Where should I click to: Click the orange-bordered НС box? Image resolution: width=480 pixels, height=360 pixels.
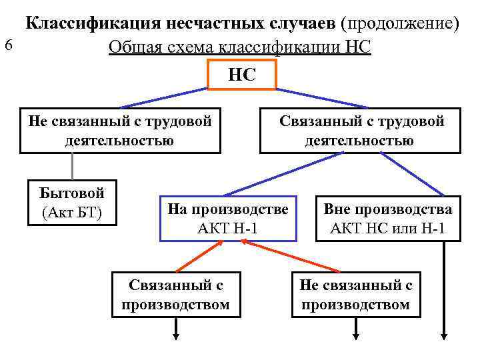pyautogui.click(x=241, y=75)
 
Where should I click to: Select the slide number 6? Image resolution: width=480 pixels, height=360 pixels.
pyautogui.click(x=8, y=45)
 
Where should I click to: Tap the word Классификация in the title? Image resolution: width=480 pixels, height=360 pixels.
pyautogui.click(x=93, y=24)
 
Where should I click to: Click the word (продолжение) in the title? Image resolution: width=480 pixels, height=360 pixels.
pyautogui.click(x=399, y=24)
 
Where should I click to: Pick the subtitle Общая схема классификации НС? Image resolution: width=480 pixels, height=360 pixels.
pyautogui.click(x=240, y=48)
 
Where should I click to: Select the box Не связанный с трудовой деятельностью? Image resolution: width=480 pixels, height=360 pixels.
pyautogui.click(x=120, y=131)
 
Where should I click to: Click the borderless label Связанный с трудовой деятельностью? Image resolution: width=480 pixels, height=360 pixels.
pyautogui.click(x=360, y=131)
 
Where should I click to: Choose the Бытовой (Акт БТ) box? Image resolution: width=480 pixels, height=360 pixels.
pyautogui.click(x=73, y=203)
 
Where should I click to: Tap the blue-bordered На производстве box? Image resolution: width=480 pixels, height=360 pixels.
pyautogui.click(x=228, y=219)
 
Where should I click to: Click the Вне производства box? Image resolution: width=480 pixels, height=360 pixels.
pyautogui.click(x=388, y=219)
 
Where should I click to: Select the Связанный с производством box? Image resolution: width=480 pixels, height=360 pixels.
pyautogui.click(x=176, y=295)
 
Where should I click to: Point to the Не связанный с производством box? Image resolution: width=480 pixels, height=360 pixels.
pyautogui.click(x=356, y=295)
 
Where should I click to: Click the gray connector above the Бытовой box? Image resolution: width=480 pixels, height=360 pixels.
pyautogui.click(x=72, y=166)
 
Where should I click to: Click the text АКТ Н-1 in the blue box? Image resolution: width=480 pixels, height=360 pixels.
pyautogui.click(x=228, y=229)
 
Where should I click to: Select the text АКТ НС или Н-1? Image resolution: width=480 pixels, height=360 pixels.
pyautogui.click(x=388, y=229)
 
